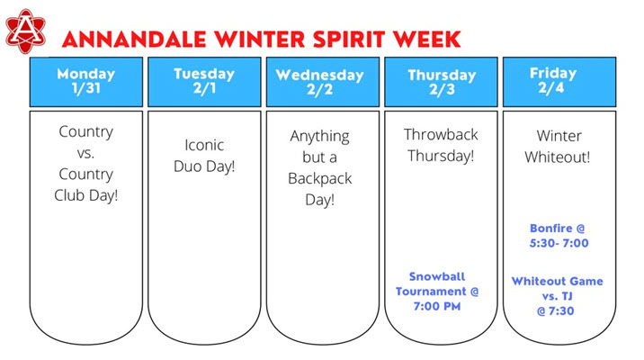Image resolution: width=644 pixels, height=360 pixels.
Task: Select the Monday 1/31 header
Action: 85,81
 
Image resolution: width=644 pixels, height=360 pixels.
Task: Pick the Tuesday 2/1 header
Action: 203,81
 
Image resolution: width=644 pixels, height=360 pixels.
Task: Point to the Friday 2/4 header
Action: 558,81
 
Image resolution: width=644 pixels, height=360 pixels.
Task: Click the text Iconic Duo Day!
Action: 203,155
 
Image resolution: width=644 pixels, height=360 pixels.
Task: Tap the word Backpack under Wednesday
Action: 320,177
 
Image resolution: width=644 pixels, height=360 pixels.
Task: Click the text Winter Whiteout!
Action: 558,147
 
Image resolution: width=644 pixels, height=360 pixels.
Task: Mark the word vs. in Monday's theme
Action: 85,152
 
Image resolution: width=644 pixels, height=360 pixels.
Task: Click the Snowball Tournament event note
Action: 438,291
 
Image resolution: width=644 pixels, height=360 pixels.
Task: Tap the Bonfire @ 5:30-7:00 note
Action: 558,235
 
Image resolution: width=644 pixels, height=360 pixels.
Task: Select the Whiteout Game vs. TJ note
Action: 558,295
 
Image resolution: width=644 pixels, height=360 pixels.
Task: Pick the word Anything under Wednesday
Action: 320,136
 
